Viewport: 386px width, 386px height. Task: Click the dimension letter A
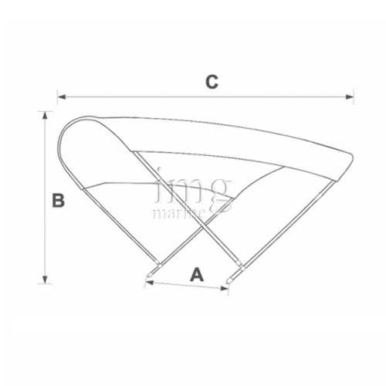click(197, 273)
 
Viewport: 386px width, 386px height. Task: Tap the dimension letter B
click(58, 201)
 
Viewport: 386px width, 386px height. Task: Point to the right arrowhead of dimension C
click(351, 97)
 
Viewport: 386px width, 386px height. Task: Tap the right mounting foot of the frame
click(235, 275)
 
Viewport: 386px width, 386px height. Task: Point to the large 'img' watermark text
click(193, 187)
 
